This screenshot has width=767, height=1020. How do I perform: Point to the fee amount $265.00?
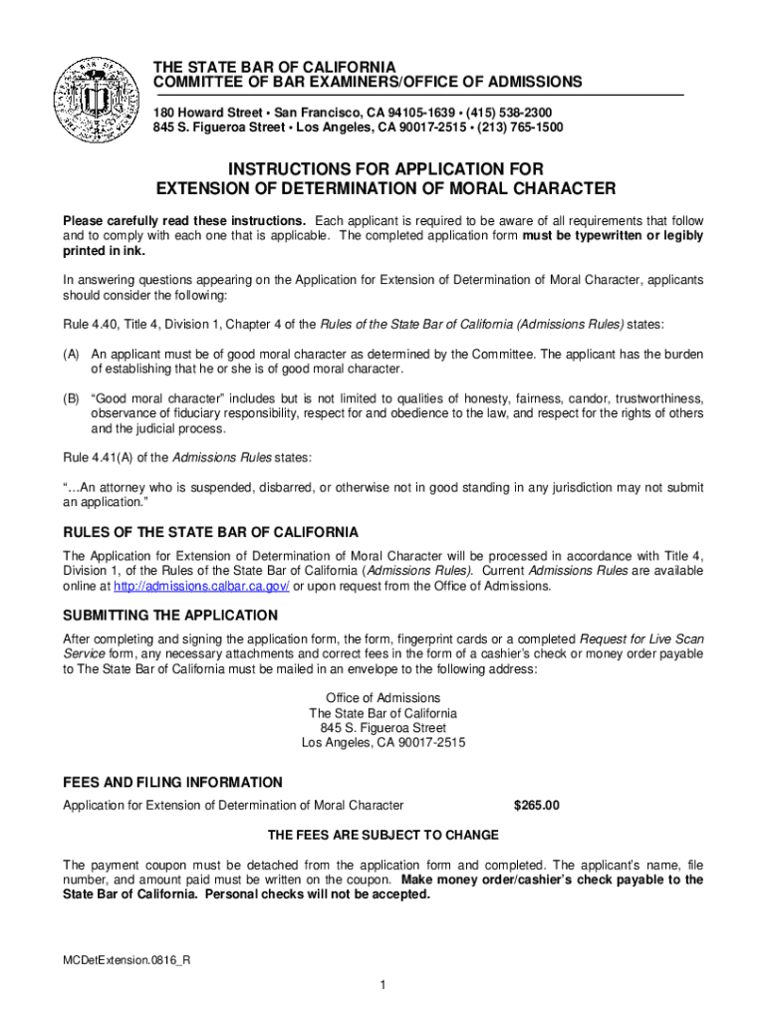537,805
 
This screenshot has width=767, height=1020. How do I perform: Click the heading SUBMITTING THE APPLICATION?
170,615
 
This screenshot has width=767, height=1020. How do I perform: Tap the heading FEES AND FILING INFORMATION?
172,782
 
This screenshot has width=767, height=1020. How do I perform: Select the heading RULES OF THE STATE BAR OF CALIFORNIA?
210,532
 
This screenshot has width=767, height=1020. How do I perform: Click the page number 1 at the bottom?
383,985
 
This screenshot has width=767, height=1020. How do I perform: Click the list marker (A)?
72,354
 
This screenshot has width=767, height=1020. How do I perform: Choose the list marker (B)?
72,398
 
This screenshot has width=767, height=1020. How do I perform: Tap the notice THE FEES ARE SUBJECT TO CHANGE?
383,835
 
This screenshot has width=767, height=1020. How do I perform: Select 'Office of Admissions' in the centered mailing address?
383,698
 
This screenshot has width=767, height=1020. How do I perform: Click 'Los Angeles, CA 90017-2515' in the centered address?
383,743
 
